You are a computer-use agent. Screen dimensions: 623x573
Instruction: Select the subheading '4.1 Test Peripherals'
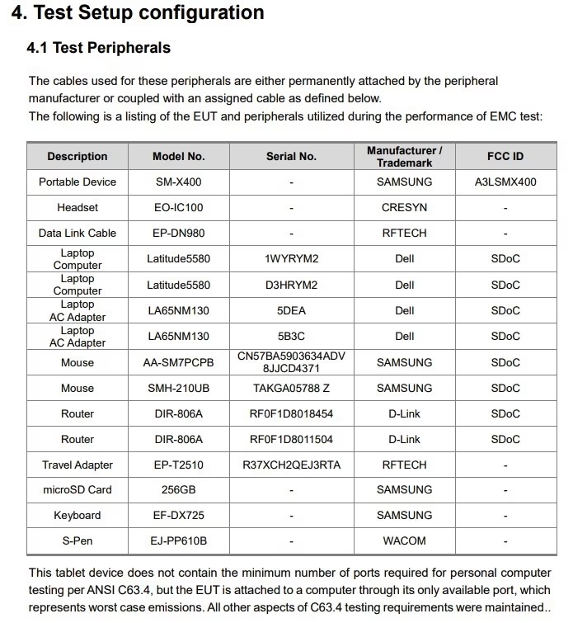coord(99,48)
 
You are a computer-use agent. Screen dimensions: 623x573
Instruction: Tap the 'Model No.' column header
coord(179,156)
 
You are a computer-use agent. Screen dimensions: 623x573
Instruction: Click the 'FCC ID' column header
coord(505,156)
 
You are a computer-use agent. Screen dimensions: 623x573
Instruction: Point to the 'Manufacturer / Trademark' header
coord(404,156)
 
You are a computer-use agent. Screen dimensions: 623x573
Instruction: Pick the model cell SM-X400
coord(179,182)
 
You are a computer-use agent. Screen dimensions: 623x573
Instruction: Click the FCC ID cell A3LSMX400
coord(505,182)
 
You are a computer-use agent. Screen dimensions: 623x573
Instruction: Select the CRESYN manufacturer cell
coord(404,207)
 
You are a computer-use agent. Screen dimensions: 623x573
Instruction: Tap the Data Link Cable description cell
coord(77,233)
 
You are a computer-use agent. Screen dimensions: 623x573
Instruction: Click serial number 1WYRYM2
coord(291,259)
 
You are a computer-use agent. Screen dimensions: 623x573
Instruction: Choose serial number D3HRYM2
coord(291,285)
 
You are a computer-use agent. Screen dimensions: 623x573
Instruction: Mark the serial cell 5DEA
coord(291,310)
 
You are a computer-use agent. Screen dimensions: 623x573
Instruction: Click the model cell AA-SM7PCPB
coord(179,362)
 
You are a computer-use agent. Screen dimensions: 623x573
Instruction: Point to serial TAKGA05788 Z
coord(291,388)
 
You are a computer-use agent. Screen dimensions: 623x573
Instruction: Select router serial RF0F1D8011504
coord(291,439)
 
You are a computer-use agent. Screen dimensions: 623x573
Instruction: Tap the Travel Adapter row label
coord(77,465)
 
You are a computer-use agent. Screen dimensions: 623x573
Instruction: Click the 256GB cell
coord(179,489)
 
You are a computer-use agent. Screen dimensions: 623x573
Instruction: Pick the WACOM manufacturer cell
coord(404,540)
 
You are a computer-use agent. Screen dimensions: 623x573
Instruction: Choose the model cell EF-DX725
coord(179,515)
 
